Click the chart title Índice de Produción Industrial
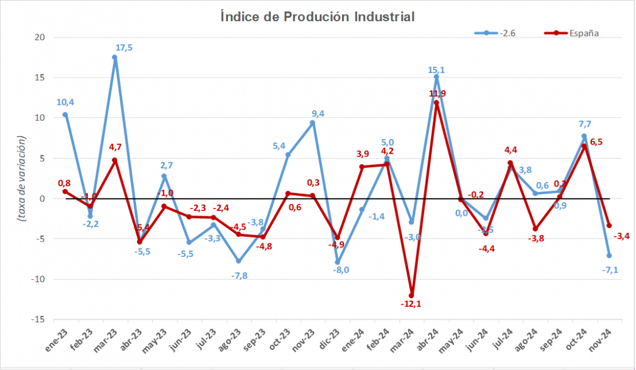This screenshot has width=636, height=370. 317,16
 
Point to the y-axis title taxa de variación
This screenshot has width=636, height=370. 22,178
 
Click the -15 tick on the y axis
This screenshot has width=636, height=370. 39,319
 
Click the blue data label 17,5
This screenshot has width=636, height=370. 124,48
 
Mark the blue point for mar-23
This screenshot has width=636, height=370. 115,58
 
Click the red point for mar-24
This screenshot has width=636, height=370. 412,296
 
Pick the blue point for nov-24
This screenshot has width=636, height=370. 609,256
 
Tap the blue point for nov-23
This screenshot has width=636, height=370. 313,123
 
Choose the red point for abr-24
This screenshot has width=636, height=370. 436,103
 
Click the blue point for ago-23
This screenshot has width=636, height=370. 238,261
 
